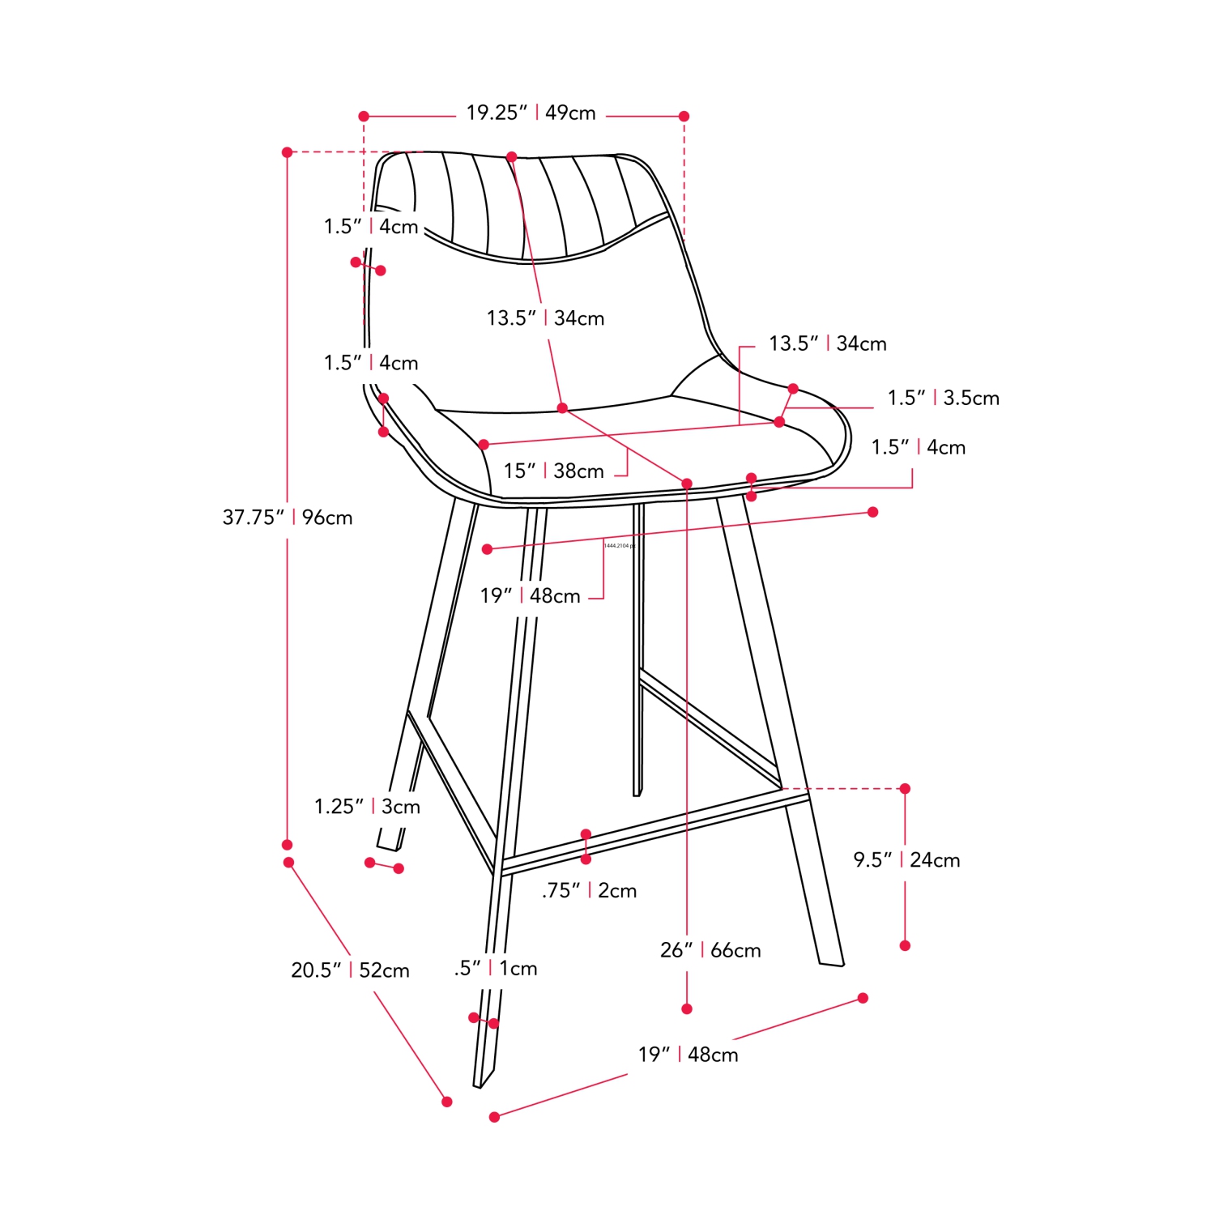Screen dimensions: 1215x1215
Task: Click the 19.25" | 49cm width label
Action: [x=531, y=113]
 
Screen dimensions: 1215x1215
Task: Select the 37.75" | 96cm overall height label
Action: [x=288, y=518]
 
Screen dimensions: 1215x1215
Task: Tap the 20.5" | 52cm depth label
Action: [x=350, y=970]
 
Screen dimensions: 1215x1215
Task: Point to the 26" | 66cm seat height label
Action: [x=710, y=950]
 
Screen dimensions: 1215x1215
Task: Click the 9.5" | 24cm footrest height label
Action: [x=906, y=860]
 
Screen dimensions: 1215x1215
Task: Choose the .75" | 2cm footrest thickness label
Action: [x=589, y=891]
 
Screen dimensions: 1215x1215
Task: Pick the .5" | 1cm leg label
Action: [x=496, y=969]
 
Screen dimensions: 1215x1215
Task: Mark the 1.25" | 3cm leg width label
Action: [x=367, y=807]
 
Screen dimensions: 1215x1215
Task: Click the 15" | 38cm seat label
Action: [x=553, y=471]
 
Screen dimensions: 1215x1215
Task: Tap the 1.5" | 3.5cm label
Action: [x=943, y=399]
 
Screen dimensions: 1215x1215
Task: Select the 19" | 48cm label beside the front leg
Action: [x=530, y=596]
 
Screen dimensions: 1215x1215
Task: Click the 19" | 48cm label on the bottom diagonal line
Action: [x=688, y=1055]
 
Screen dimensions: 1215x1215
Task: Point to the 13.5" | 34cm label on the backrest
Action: [x=545, y=318]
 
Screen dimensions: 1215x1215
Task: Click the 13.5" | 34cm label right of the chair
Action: [x=827, y=344]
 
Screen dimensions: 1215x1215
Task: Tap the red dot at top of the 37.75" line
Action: [x=287, y=152]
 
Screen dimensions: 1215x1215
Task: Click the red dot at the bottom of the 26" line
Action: [x=687, y=1008]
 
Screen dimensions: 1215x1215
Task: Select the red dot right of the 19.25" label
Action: [x=684, y=117]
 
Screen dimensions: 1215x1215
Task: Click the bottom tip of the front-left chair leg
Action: [x=479, y=1085]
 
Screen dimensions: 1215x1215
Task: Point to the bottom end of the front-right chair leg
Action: [x=832, y=964]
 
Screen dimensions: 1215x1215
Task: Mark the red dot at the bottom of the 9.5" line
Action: [x=906, y=945]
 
